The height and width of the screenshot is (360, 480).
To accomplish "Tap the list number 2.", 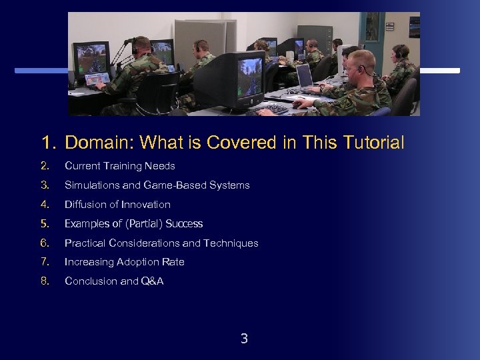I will click(x=45, y=165).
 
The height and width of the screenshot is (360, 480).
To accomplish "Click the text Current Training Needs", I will click(x=119, y=165).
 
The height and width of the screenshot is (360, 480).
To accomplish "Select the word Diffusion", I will click(x=85, y=204).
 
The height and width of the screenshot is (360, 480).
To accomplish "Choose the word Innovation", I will click(x=146, y=204).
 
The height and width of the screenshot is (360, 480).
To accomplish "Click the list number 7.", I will click(x=45, y=262).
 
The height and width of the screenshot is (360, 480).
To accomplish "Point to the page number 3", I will click(x=244, y=339).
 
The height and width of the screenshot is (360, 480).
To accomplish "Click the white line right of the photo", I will click(x=439, y=70).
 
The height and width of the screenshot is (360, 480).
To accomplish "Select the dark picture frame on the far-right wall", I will click(x=414, y=27).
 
